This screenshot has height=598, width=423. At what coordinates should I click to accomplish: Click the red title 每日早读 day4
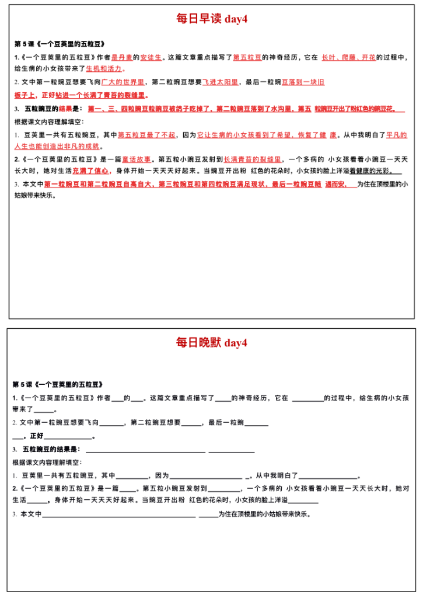pyautogui.click(x=212, y=19)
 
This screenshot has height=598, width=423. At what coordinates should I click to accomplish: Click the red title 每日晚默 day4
pyautogui.click(x=212, y=343)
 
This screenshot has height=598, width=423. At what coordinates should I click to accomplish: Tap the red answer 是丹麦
pyautogui.click(x=122, y=57)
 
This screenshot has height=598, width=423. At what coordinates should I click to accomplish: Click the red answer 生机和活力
pyautogui.click(x=104, y=68)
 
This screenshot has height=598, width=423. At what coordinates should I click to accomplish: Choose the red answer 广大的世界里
pyautogui.click(x=123, y=82)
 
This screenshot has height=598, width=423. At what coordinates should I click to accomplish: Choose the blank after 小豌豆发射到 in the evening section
pyautogui.click(x=224, y=488)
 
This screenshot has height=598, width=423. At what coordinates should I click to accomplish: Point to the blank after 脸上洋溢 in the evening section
pyautogui.click(x=303, y=500)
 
